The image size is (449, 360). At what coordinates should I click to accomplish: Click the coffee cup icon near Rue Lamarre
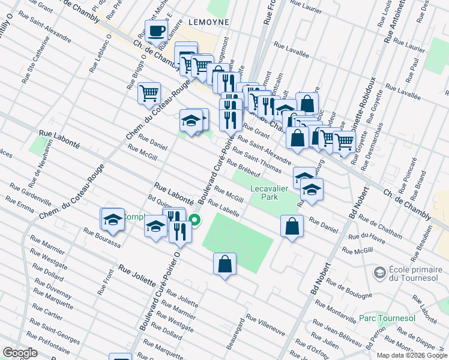pos(157,31)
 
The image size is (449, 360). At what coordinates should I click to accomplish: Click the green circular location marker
pos(195,220)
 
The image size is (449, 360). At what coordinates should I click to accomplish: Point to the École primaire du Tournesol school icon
pos(379,273)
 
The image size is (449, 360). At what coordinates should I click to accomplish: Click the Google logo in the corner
pos(20,353)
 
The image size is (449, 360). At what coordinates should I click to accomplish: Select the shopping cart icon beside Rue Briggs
pos(148,93)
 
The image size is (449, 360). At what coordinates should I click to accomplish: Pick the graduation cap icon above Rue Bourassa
pos(112,219)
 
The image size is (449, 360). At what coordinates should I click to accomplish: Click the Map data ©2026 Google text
pos(411,355)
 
